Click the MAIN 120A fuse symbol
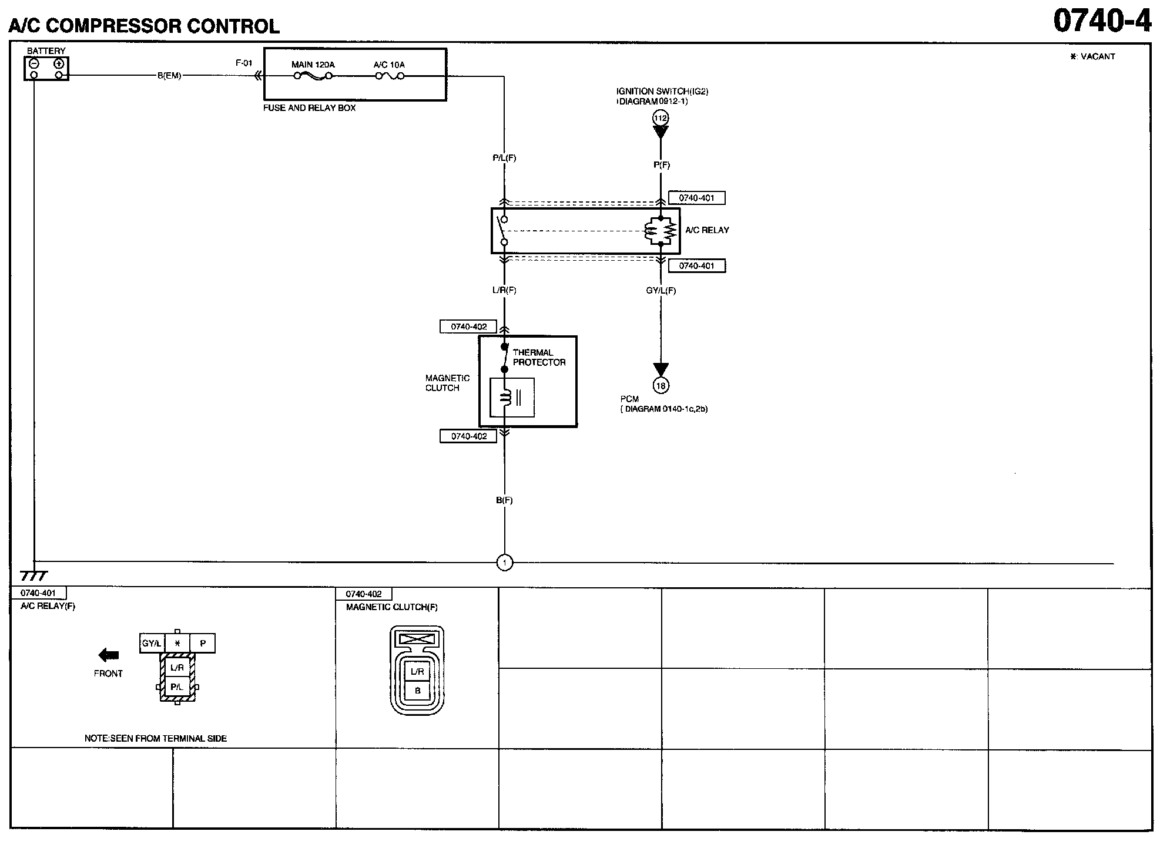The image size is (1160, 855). coord(313,76)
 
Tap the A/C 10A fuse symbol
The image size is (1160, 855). coord(389,76)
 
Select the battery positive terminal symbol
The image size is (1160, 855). coord(59,63)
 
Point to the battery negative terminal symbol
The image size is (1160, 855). coord(34,63)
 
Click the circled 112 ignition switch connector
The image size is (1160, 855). coord(661,118)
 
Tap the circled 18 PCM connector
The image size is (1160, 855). coord(661,385)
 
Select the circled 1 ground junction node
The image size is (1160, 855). coord(504,563)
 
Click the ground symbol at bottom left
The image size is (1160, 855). coord(33,576)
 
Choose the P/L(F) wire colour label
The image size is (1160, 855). coord(504,158)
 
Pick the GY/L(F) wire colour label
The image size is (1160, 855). coord(661,290)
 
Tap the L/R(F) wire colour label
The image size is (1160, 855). coord(504,290)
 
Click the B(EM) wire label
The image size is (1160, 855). coord(169,76)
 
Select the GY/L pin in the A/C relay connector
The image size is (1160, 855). coord(152,643)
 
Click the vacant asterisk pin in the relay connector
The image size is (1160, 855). coord(177,643)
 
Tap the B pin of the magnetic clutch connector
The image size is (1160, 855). coord(417,691)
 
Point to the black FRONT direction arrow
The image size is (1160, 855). coord(109,655)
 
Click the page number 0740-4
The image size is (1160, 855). coord(1101,21)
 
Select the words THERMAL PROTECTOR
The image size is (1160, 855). coord(538,357)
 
